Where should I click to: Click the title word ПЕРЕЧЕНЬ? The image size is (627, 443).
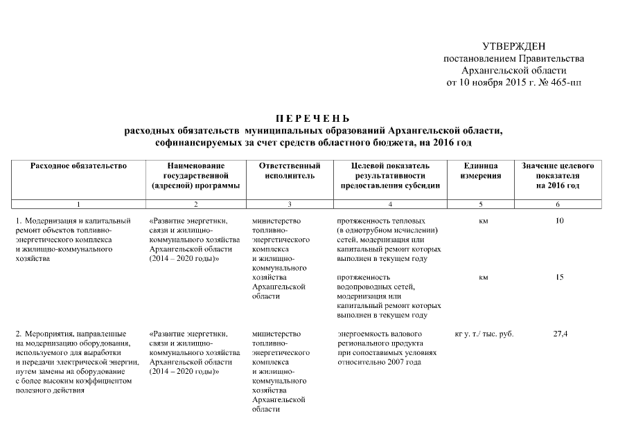pyautogui.click(x=313, y=118)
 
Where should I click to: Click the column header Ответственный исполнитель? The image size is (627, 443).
pyautogui.click(x=289, y=171)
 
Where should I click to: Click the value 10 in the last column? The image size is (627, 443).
pyautogui.click(x=559, y=221)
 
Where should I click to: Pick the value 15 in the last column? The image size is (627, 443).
pyautogui.click(x=559, y=278)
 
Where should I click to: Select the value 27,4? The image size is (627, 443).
pyautogui.click(x=560, y=334)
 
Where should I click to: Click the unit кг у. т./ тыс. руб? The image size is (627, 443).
pyautogui.click(x=484, y=334)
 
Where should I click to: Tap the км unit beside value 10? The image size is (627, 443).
pyautogui.click(x=483, y=221)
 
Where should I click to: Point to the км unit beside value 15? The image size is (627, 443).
pyautogui.click(x=483, y=278)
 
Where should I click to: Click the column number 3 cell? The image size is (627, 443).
pyautogui.click(x=289, y=204)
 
